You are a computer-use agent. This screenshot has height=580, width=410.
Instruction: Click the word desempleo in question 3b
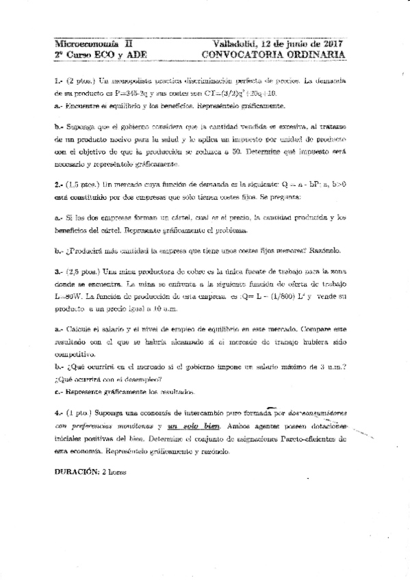coord(146,378)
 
